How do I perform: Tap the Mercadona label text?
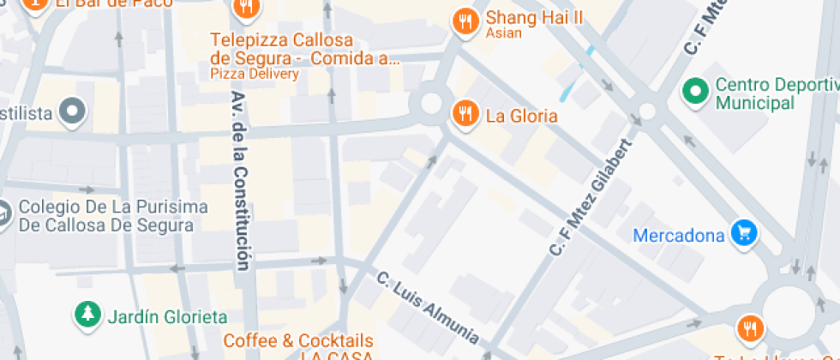[x=678, y=235]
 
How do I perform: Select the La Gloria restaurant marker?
[x=465, y=115]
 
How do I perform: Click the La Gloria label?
[x=521, y=116]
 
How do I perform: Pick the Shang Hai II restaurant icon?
[x=465, y=21]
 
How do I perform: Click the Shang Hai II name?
[x=534, y=17]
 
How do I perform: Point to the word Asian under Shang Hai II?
[x=503, y=34]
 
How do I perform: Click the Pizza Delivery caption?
[x=255, y=74]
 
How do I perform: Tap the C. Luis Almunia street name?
[x=428, y=306]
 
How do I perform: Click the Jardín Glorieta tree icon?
[x=87, y=315]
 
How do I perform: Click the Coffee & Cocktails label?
[x=298, y=341]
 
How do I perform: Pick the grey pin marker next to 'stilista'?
[x=74, y=111]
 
